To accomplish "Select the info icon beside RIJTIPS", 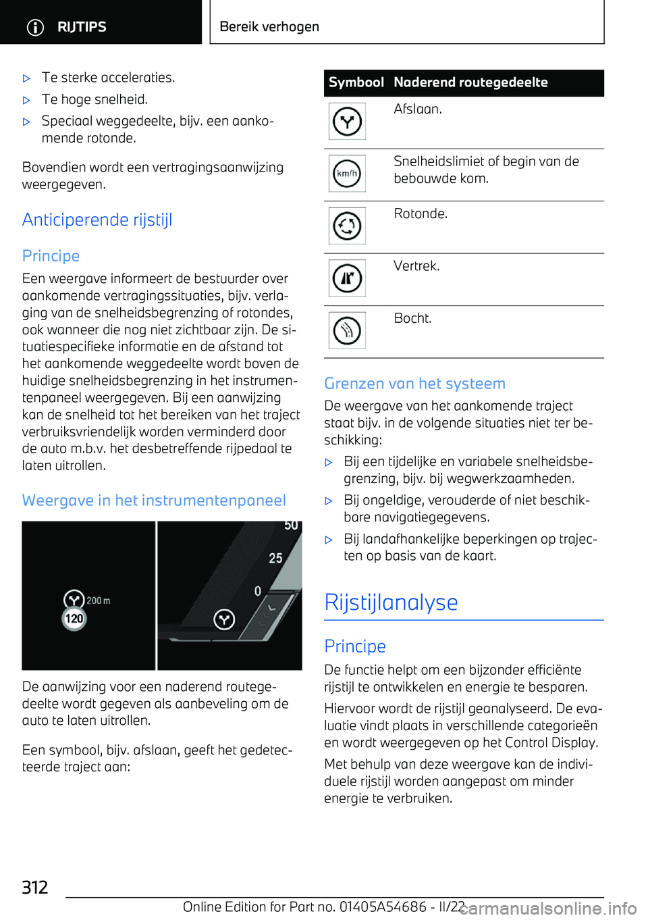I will coord(35,27).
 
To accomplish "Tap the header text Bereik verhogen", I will coord(269,27).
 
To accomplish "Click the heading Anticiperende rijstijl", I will coord(97,220).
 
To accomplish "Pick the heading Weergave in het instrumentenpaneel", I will coord(154,501).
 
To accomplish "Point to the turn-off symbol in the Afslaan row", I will coord(347,122).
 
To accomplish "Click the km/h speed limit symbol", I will coord(347,174).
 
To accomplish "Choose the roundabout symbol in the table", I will coord(347,226).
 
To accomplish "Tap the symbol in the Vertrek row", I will coord(347,278).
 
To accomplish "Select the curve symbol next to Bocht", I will coord(347,330).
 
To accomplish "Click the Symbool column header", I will coord(356,82).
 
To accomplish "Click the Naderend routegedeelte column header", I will coord(470,82).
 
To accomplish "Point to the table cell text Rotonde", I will coord(421,214).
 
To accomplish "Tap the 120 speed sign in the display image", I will coord(74,618).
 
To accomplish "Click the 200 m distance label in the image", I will coord(99,600).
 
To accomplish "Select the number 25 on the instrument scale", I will coord(275,559).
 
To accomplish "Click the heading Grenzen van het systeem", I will coord(414,384).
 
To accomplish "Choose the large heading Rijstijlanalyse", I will coord(391,603).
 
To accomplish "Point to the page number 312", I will coord(35,887).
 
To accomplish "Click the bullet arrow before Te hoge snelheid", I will coord(27,101).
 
